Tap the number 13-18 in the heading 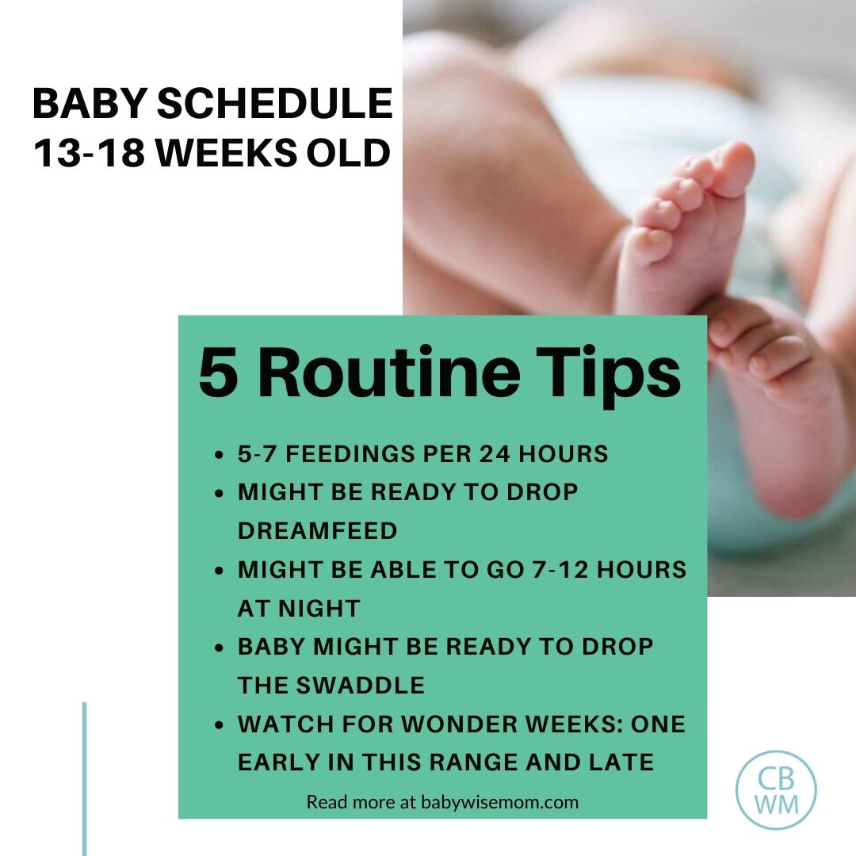(x=89, y=153)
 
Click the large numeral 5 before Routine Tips (x=218, y=374)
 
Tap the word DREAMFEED (x=317, y=531)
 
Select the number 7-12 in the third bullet (x=560, y=570)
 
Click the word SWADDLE (x=360, y=686)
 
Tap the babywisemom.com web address (x=499, y=802)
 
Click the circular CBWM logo (x=776, y=790)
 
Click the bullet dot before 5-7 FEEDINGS (x=220, y=455)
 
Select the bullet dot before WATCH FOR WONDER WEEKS (x=220, y=725)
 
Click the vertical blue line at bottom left (x=85, y=779)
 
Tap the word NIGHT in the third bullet (x=319, y=609)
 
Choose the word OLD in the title (x=348, y=153)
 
